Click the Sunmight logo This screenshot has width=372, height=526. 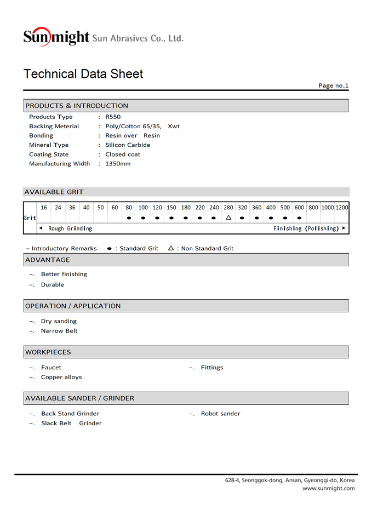point(56,37)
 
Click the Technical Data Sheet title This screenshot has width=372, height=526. point(83,74)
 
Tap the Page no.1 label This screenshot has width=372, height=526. point(333,85)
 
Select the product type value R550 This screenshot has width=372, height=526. point(113,117)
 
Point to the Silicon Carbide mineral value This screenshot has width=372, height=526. point(128,145)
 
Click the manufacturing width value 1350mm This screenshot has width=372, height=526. point(118,164)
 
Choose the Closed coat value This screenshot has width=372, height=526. point(123,155)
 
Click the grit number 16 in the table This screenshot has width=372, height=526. point(44,208)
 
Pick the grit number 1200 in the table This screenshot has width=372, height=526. point(342,208)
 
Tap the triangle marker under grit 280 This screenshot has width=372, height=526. point(228,218)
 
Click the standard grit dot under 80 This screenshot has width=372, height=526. point(129,218)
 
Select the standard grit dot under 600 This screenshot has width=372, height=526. point(299,218)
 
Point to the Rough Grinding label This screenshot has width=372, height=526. point(70,228)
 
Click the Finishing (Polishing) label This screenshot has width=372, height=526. point(306,228)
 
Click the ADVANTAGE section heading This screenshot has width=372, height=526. point(48,260)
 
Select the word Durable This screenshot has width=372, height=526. point(53,285)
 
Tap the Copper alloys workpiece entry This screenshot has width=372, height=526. point(61,378)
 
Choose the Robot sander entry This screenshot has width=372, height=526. point(220,414)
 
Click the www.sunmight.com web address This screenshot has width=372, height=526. point(328,488)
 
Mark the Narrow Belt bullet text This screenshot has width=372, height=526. point(59,331)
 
